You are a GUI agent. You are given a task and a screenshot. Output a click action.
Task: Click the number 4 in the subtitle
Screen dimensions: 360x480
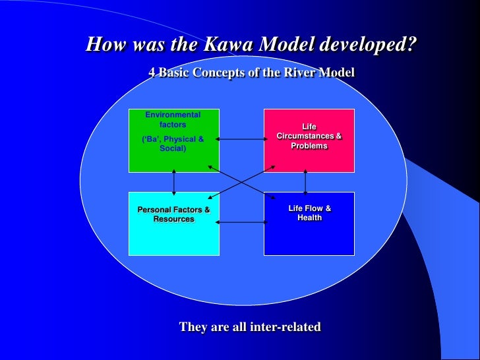[x=152, y=73]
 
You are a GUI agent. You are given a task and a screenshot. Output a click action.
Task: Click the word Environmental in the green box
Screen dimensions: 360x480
[x=173, y=115]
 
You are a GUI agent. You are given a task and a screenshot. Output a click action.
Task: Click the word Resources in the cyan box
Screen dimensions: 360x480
[x=174, y=220]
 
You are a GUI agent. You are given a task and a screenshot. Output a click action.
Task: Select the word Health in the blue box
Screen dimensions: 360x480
[x=309, y=218]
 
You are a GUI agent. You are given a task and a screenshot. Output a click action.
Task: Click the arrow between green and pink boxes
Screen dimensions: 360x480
[x=241, y=139]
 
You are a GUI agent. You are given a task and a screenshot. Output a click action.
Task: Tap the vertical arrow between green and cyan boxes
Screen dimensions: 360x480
[x=173, y=182]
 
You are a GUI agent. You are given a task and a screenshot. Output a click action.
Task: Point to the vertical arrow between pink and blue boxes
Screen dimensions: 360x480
[x=305, y=182]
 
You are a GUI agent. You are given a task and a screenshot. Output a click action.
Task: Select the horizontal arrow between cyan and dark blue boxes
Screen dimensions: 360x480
[x=241, y=222]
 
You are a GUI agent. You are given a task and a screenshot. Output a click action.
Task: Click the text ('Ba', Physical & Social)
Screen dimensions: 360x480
[x=173, y=144]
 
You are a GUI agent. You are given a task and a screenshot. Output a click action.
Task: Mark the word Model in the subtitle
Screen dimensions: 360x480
[x=336, y=73]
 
